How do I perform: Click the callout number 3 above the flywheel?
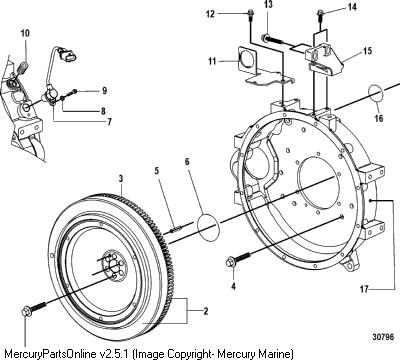[121, 178]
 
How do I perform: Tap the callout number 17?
[364, 289]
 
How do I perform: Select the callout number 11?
[212, 62]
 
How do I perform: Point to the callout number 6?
[187, 162]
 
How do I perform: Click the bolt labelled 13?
[273, 40]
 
